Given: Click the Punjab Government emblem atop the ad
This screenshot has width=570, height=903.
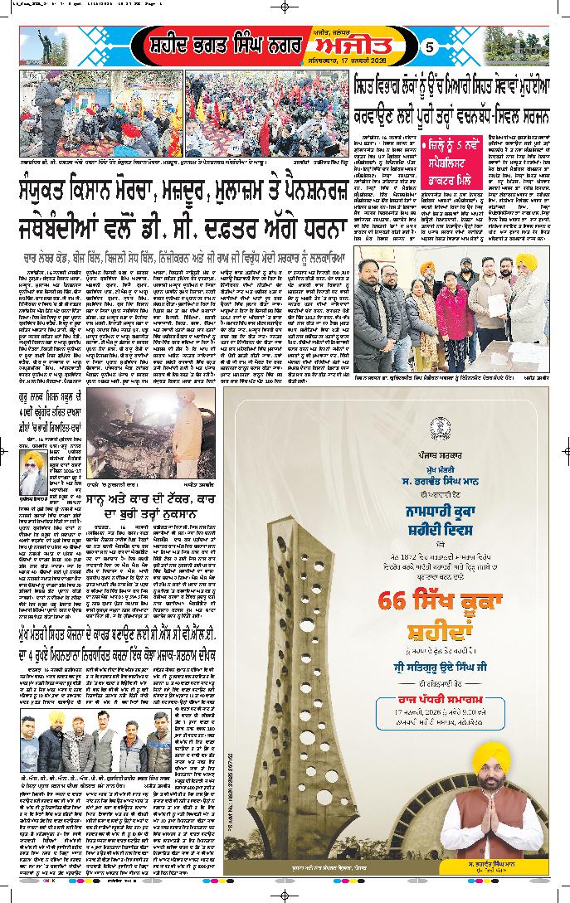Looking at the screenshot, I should click(435, 428).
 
